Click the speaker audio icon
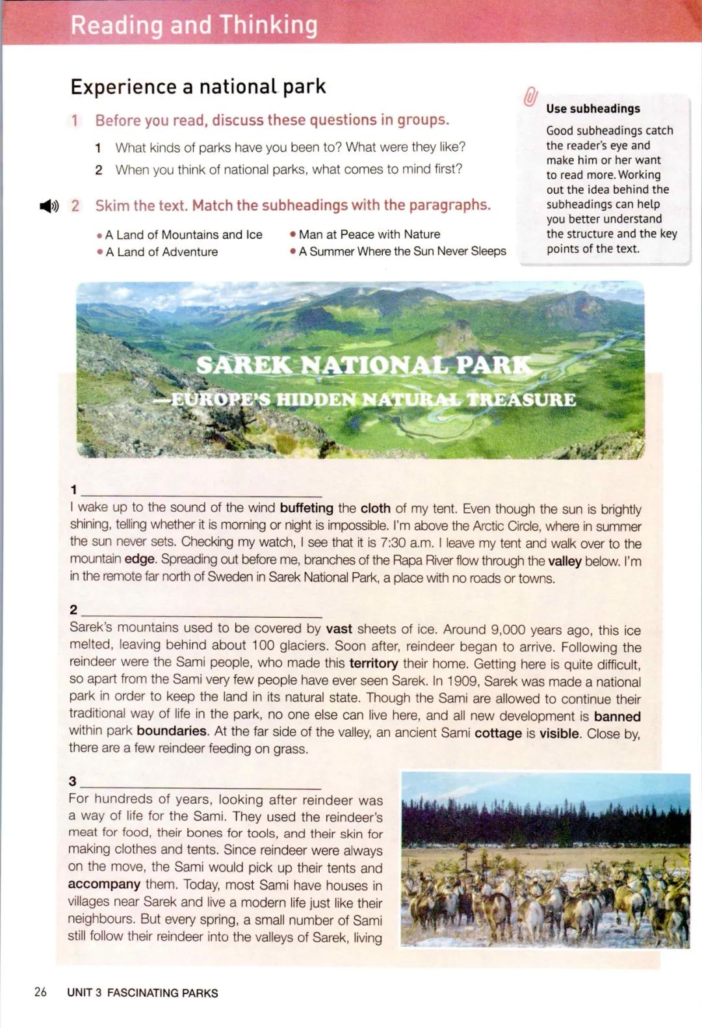point(49,206)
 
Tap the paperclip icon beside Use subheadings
point(530,97)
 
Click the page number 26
point(40,992)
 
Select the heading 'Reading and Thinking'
point(194,25)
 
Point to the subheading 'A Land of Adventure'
point(161,252)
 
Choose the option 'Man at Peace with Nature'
point(369,234)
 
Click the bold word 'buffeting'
point(306,508)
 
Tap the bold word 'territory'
point(373,663)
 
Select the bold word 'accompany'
point(104,884)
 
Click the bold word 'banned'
point(617,716)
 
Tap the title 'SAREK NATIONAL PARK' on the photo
point(364,365)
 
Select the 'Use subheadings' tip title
point(593,109)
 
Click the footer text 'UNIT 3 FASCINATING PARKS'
point(142,993)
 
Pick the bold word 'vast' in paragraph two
point(339,629)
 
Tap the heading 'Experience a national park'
point(198,86)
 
